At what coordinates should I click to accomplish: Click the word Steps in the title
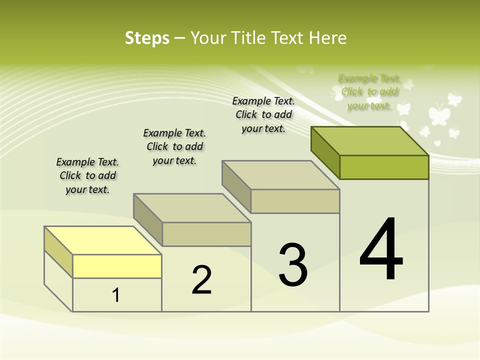147,38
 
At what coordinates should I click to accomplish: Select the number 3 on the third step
293,264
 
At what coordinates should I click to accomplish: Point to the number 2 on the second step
202,279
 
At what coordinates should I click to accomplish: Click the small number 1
116,295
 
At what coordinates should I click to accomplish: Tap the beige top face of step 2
192,208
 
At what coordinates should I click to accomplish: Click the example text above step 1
87,175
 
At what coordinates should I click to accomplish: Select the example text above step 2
174,146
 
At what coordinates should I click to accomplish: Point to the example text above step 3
263,114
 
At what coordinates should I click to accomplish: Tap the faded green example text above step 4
369,92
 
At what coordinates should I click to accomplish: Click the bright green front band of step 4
384,167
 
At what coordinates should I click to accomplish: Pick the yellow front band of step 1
117,266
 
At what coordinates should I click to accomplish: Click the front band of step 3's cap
295,201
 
